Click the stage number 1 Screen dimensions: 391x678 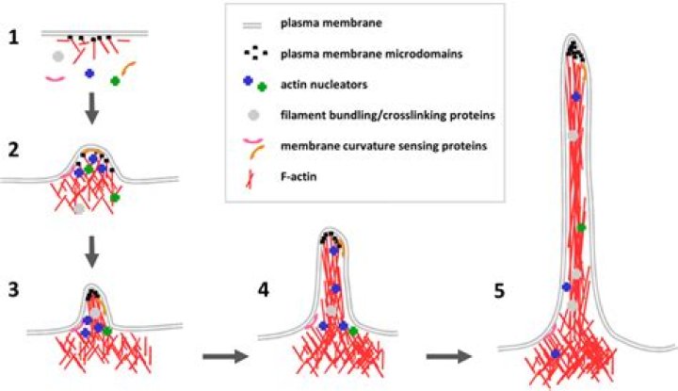[13, 39]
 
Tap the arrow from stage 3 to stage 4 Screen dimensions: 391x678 [224, 358]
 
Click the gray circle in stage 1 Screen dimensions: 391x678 [58, 57]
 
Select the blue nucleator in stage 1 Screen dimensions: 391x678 [89, 73]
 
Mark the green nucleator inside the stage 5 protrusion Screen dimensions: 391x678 [581, 227]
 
